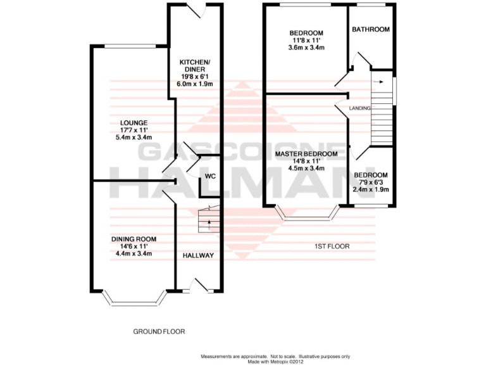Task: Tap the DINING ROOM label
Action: pos(134,239)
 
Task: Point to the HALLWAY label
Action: pos(198,255)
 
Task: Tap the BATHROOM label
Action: pos(371,29)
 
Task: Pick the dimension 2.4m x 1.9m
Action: pos(371,189)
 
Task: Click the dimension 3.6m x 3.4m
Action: pos(306,47)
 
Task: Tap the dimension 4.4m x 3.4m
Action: pos(134,253)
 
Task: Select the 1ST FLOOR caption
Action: pos(332,246)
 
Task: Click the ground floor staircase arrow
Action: pos(209,223)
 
